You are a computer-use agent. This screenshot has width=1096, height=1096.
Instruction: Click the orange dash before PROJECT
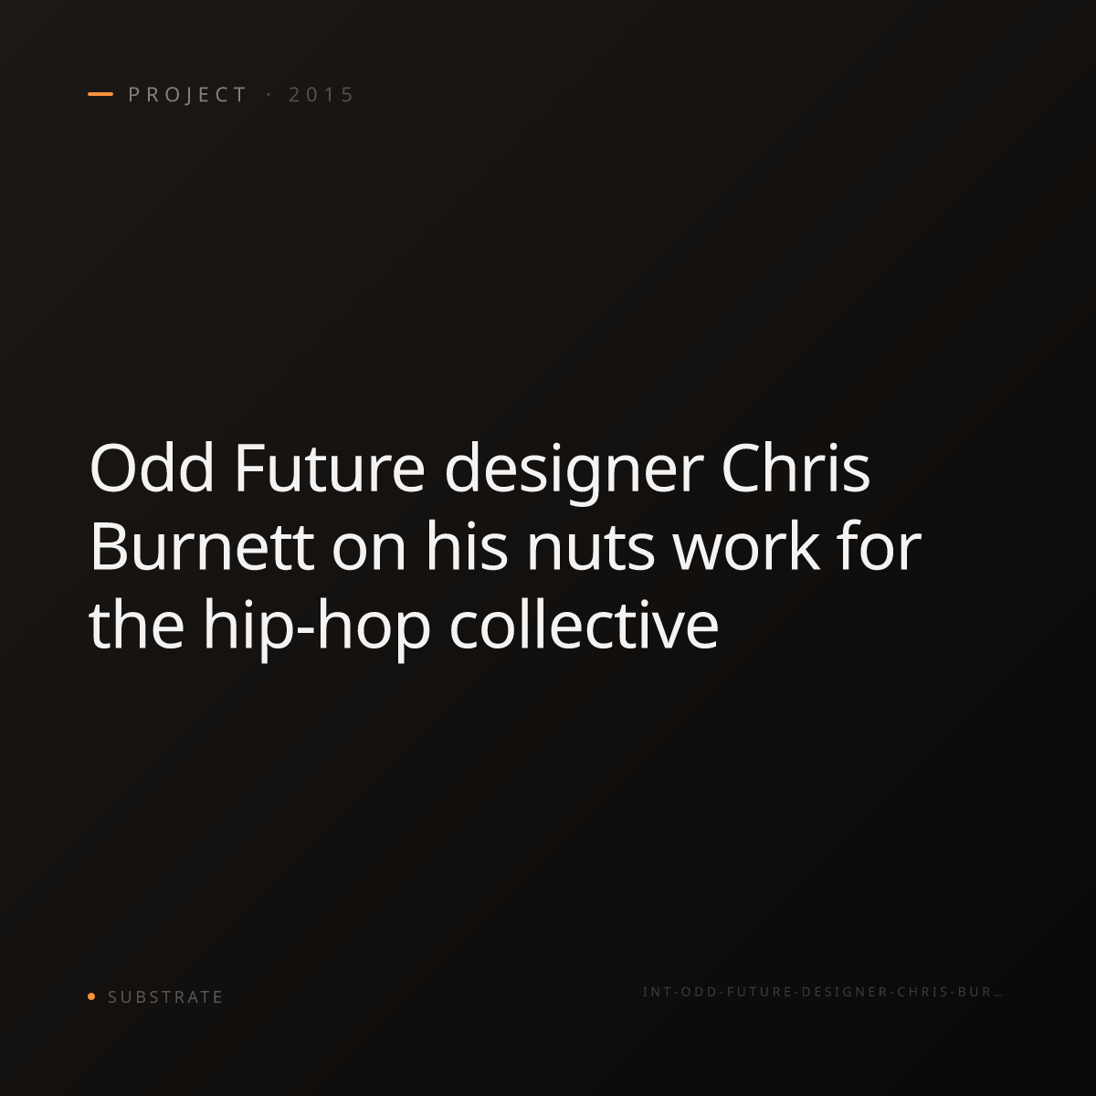[x=100, y=94]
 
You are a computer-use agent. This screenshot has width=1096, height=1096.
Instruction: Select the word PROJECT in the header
[x=188, y=95]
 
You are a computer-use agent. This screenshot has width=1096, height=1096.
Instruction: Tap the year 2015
[x=321, y=95]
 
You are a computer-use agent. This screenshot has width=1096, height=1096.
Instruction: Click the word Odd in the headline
[x=152, y=469]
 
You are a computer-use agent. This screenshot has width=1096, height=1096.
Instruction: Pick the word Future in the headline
[x=330, y=469]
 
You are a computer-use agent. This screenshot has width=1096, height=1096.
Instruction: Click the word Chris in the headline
[x=796, y=469]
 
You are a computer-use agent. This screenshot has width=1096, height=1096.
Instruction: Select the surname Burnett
[x=202, y=547]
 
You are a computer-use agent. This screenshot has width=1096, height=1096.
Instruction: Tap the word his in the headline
[x=467, y=546]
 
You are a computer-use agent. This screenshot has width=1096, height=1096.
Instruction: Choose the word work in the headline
[x=747, y=546]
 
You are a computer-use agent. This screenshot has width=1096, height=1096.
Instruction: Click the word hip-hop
[x=317, y=629]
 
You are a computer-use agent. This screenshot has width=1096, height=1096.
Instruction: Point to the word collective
[x=585, y=624]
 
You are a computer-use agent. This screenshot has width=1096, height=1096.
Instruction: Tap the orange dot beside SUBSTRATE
[x=91, y=996]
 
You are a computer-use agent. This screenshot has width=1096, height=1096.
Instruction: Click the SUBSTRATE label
[x=165, y=996]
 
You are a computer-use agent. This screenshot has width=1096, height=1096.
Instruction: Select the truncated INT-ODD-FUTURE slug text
[x=822, y=992]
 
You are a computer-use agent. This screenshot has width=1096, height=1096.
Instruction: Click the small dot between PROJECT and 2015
[x=269, y=95]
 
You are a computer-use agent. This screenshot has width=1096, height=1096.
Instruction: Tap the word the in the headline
[x=136, y=624]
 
